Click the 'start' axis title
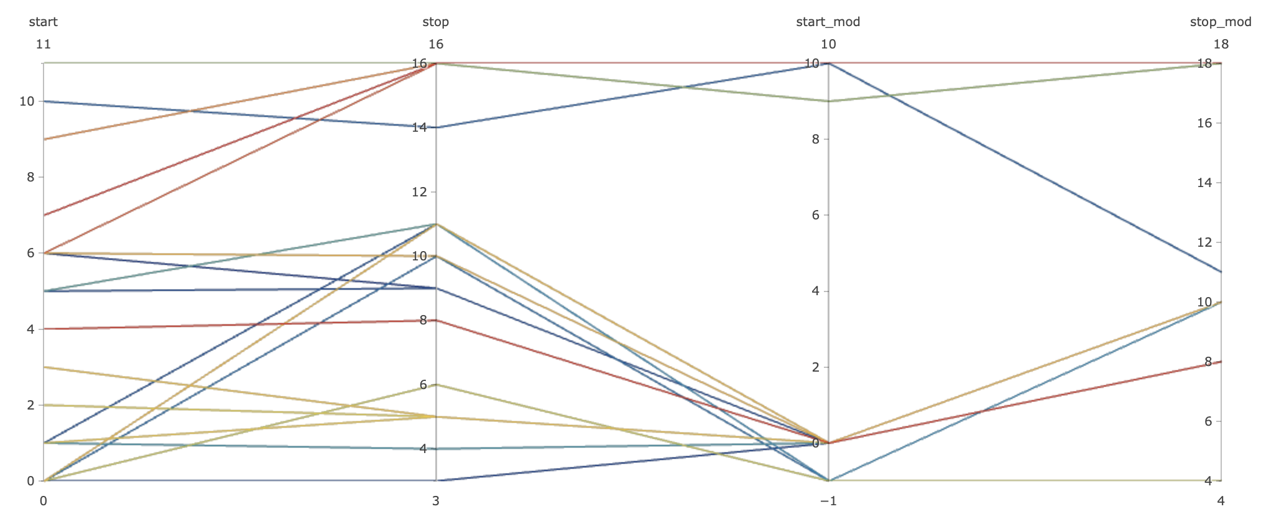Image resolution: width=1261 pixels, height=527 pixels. pyautogui.click(x=43, y=22)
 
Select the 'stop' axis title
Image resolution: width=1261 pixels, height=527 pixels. pyautogui.click(x=435, y=22)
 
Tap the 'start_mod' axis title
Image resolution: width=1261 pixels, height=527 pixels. pyautogui.click(x=828, y=22)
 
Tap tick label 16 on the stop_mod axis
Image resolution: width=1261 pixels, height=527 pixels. pyautogui.click(x=1204, y=123)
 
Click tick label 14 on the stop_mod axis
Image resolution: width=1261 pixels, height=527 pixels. pyautogui.click(x=1204, y=183)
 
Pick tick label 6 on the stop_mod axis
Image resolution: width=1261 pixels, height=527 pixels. pyautogui.click(x=1208, y=421)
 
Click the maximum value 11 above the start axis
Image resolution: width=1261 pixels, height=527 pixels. pyautogui.click(x=43, y=44)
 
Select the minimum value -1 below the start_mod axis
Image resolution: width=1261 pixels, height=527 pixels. pyautogui.click(x=828, y=501)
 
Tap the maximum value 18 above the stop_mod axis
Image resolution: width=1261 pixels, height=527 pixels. pyautogui.click(x=1221, y=44)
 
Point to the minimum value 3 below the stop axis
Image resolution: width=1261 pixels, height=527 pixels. pyautogui.click(x=436, y=501)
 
